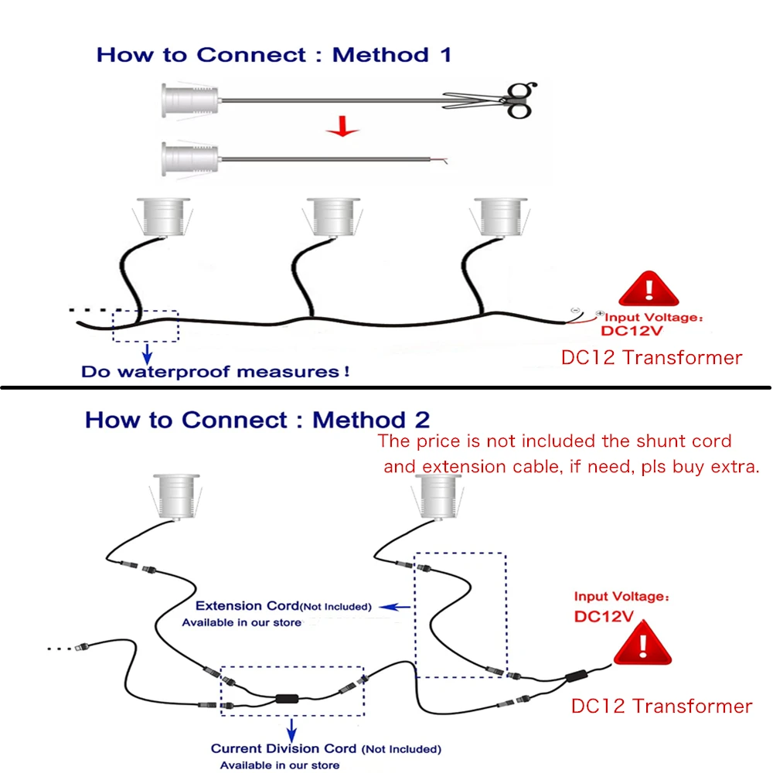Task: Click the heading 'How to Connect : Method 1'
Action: [274, 55]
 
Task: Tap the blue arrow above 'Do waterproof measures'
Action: [146, 355]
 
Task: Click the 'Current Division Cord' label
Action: [284, 748]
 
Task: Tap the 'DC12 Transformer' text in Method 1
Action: [651, 358]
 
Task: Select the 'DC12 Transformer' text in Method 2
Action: [661, 706]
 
